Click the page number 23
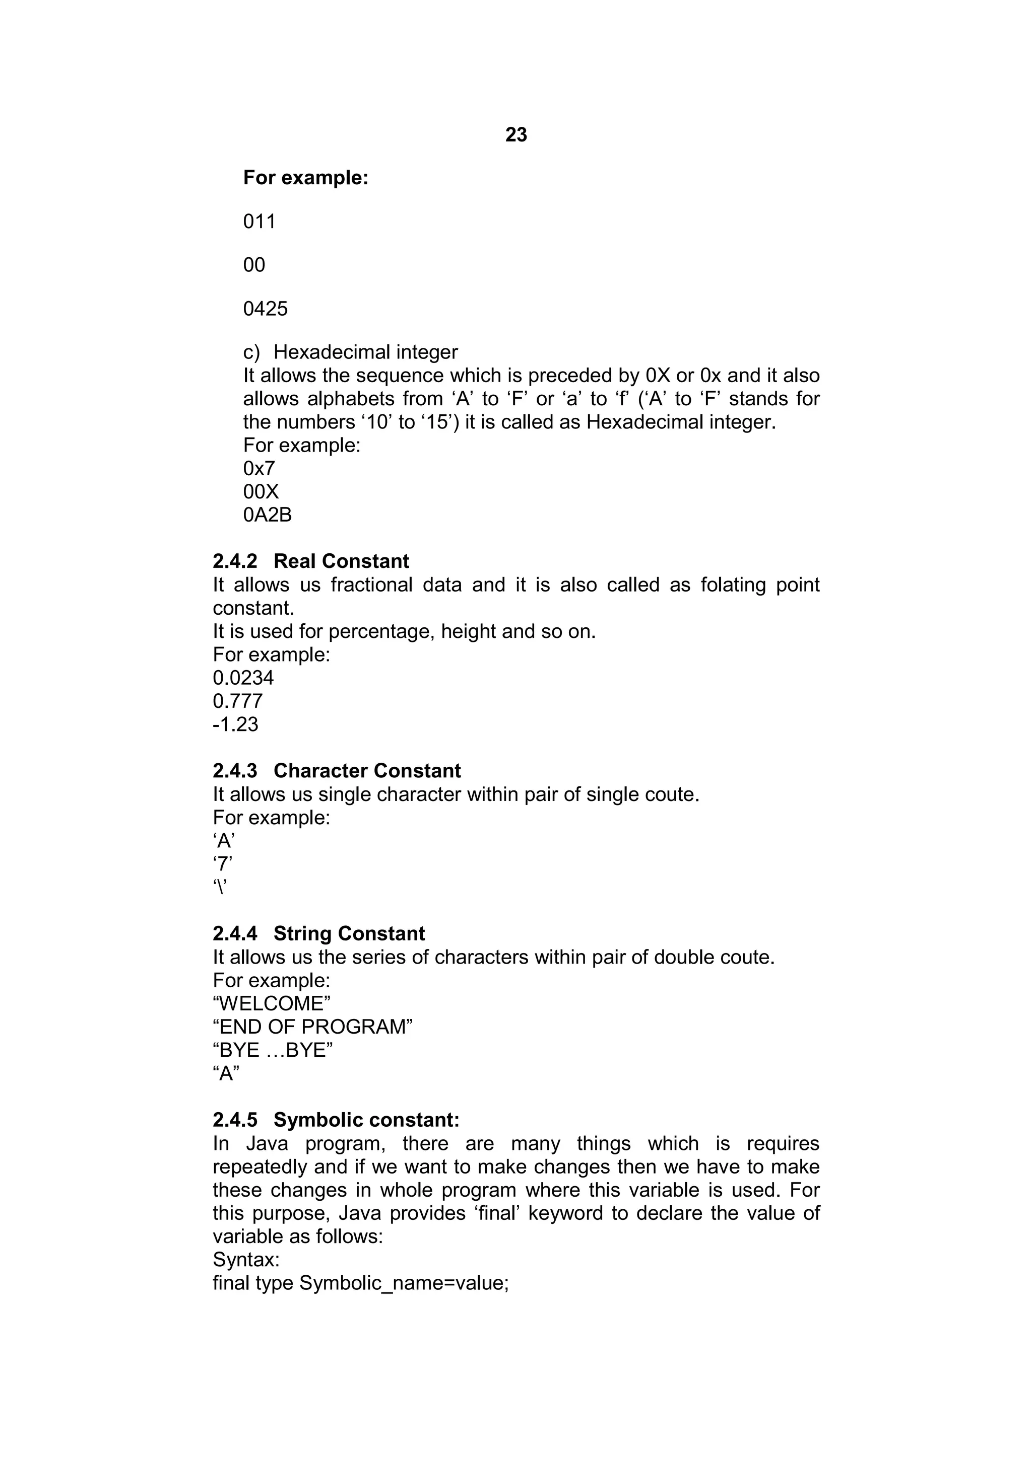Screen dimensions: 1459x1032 tap(515, 135)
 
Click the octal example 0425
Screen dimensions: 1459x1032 tap(265, 309)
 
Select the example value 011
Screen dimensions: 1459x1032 tap(260, 222)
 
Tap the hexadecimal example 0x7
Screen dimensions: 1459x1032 tap(259, 468)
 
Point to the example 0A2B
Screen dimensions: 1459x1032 tap(267, 515)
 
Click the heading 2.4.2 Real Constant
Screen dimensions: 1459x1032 tap(311, 561)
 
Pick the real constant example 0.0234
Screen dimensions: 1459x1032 tap(243, 678)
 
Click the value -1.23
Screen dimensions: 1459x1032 tap(235, 724)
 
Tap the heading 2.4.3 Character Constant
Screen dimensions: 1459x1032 tap(337, 771)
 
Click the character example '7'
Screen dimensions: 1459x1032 tap(223, 864)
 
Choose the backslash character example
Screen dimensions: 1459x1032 tap(220, 887)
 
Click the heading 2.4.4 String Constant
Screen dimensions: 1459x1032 tap(318, 933)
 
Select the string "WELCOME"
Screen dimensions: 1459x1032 tap(272, 1003)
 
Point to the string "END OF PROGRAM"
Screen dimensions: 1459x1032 tap(312, 1027)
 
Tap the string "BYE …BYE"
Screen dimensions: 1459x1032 tap(273, 1050)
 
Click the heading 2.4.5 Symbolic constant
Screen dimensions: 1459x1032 tap(336, 1120)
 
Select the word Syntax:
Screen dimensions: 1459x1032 tap(246, 1260)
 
